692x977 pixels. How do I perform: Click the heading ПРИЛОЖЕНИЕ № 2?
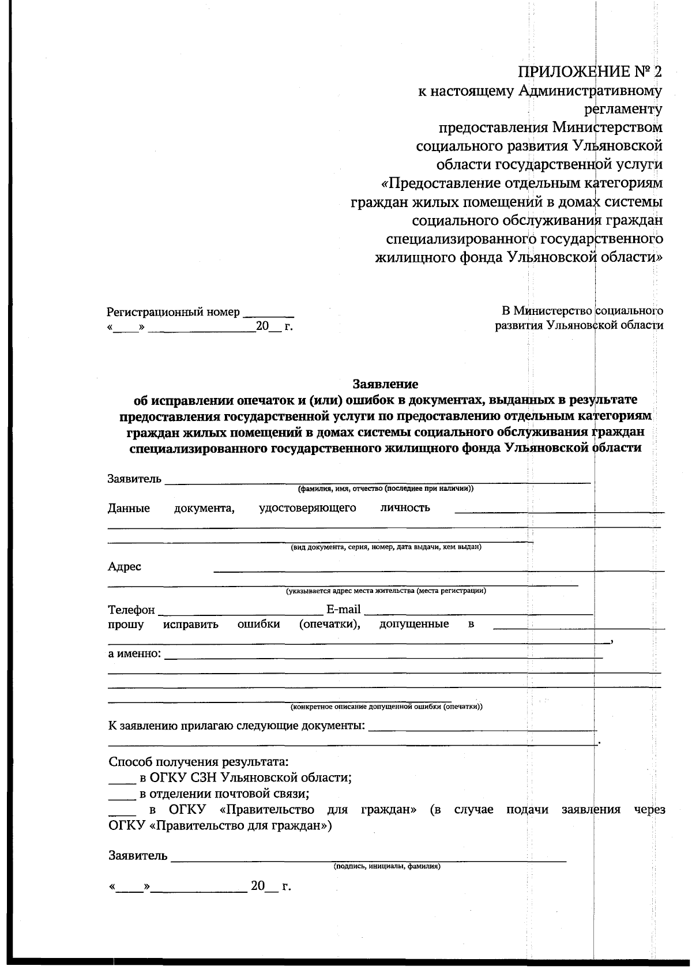point(589,72)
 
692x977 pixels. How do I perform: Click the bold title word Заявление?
point(385,384)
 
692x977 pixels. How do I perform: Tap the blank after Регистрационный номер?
point(268,313)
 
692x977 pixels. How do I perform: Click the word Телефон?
point(131,610)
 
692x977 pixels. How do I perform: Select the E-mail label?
point(343,610)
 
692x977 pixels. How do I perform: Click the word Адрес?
point(125,566)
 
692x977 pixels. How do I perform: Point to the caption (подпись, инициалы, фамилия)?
point(387,866)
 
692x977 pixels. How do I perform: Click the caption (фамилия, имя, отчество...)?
point(385,489)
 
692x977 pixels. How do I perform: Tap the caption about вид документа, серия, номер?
point(386,547)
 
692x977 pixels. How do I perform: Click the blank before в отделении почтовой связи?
point(121,796)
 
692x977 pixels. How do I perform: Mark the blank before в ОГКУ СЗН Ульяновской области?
point(121,780)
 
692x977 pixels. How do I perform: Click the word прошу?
point(126,625)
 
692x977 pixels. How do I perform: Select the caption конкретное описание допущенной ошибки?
point(386,707)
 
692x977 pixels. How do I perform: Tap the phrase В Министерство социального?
point(582,311)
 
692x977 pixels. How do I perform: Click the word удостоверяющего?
point(307,508)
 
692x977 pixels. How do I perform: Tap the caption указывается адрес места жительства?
point(386,591)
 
